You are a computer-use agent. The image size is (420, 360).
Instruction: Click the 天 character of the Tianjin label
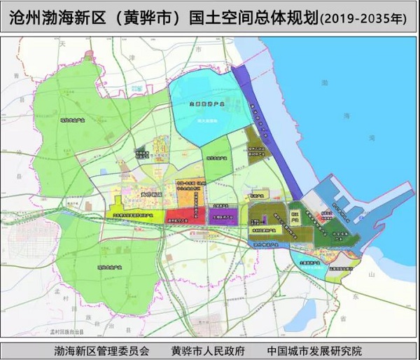click(62, 44)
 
